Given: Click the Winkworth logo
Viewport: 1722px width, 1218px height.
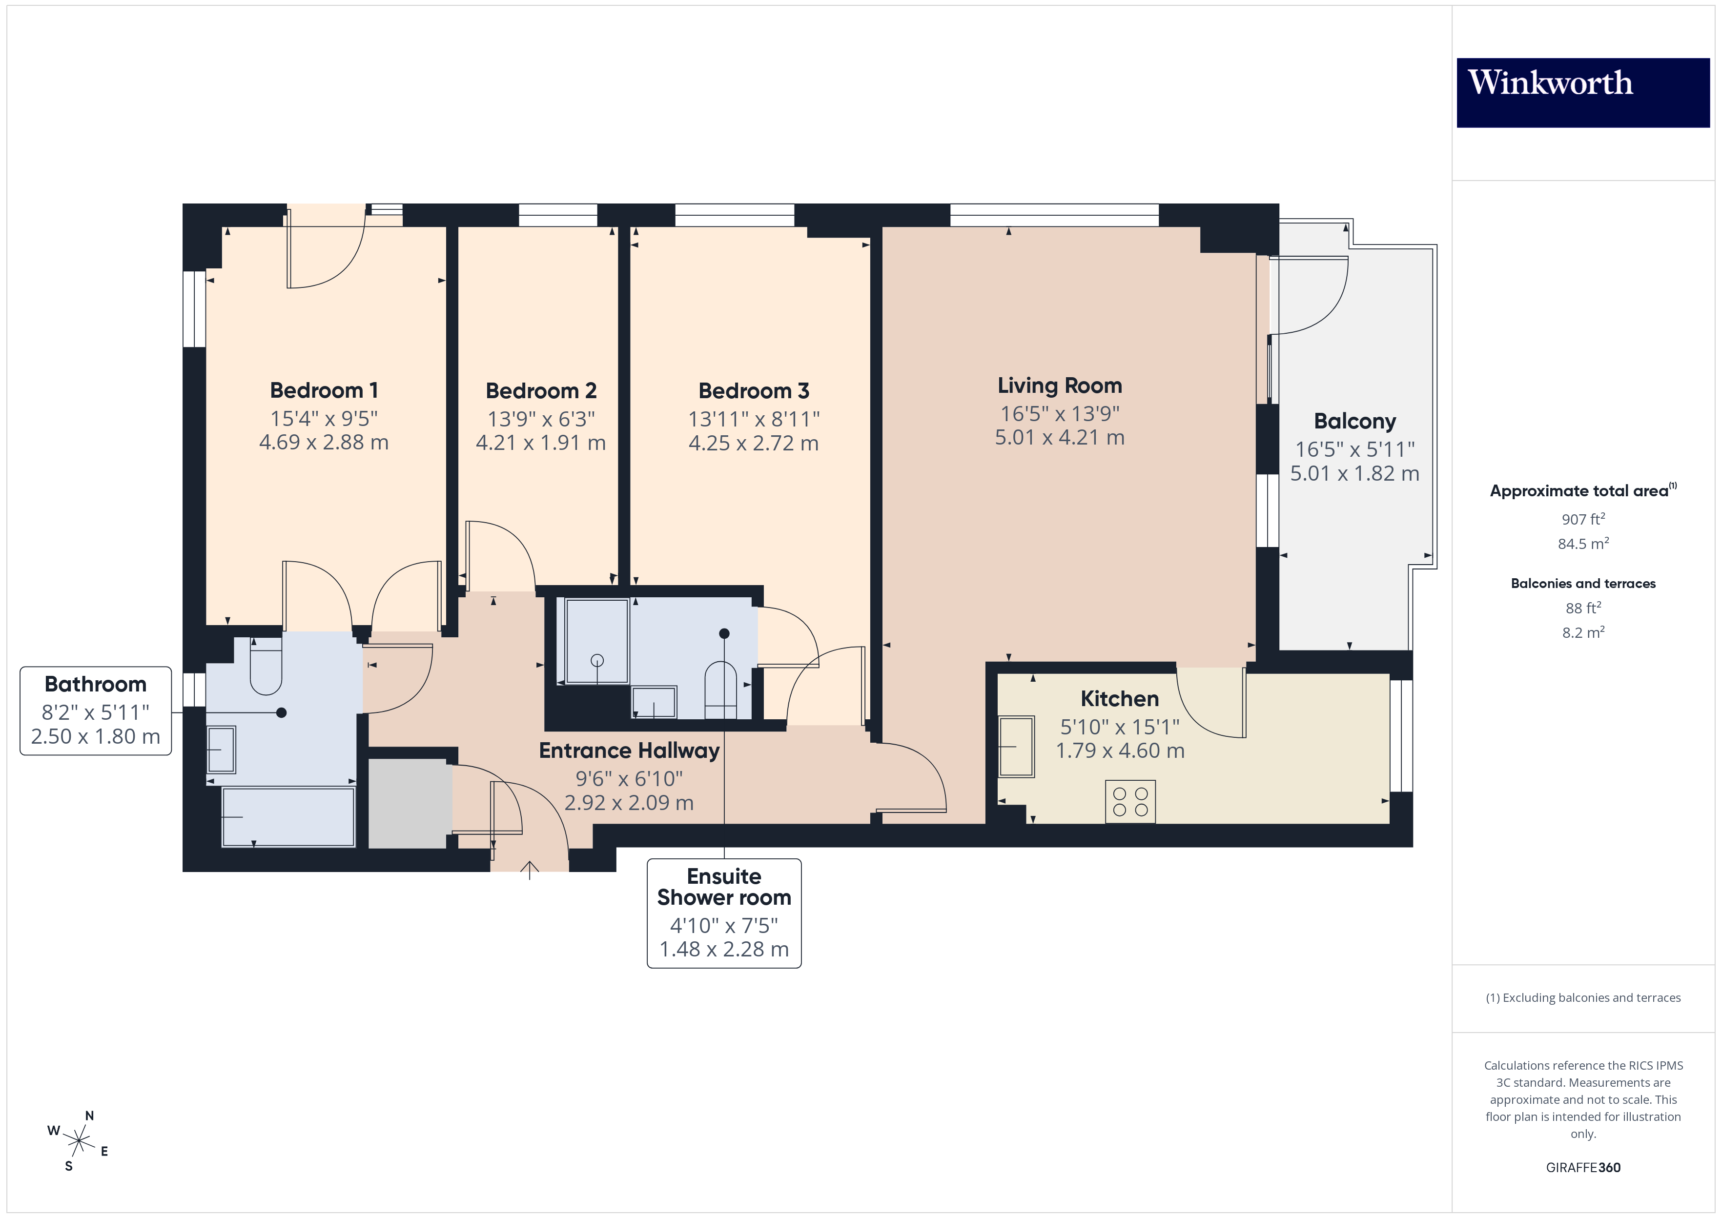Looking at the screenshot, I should point(1582,92).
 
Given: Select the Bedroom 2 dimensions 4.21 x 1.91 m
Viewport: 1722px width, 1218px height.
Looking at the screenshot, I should point(541,443).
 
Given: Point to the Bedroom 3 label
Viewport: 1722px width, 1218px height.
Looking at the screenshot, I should point(753,391).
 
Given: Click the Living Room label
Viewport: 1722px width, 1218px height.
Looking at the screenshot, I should point(1059,386).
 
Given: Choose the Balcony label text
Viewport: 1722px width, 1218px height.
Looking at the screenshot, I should point(1354,422).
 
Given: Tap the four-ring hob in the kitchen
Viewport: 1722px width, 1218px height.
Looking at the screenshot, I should point(1130,801).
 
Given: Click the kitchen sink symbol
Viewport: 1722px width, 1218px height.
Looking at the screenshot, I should point(1016,746).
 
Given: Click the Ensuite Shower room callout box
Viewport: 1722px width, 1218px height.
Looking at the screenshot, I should point(724,913).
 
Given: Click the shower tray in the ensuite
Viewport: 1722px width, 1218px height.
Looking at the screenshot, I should point(597,641).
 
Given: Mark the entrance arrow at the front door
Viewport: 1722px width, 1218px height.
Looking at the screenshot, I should point(530,870).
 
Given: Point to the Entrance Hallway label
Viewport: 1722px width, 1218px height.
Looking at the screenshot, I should point(629,751).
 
